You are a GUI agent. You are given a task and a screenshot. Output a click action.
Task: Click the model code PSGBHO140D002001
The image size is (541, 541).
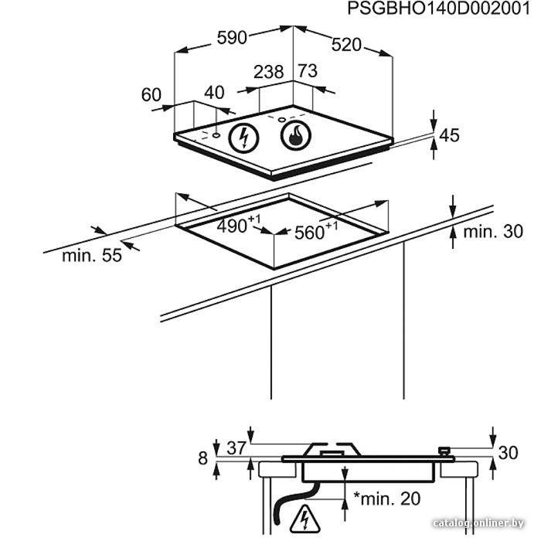click(438, 9)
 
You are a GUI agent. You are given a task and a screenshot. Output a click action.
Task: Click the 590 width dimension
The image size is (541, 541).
click(232, 38)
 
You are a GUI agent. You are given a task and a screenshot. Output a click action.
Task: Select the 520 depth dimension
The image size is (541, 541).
click(346, 45)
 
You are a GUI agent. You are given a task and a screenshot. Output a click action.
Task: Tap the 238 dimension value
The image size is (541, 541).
click(268, 72)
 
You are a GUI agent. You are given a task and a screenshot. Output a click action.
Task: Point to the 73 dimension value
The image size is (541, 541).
click(308, 71)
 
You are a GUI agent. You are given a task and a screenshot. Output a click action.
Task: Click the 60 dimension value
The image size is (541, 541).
click(151, 94)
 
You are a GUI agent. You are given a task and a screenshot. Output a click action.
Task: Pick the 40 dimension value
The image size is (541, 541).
click(214, 93)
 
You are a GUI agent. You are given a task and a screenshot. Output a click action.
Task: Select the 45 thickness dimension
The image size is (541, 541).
click(449, 135)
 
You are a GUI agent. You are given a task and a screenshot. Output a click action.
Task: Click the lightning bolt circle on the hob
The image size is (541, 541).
click(244, 138)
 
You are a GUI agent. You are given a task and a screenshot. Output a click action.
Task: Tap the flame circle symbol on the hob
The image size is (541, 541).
click(296, 135)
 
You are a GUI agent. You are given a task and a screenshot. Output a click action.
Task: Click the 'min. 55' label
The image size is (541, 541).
click(92, 256)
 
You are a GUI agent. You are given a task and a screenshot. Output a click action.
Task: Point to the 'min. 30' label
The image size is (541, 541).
click(493, 232)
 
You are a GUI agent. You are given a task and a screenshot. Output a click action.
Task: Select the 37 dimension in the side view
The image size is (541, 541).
click(236, 448)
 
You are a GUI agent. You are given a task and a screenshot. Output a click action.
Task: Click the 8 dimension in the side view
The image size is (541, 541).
click(202, 458)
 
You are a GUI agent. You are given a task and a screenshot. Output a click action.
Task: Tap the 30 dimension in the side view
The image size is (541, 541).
click(508, 452)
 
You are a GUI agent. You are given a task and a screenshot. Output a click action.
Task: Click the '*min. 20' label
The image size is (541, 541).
click(386, 498)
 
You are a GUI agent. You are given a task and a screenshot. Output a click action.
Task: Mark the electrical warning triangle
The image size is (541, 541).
click(305, 519)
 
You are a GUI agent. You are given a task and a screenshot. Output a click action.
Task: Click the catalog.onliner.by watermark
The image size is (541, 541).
click(478, 523)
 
